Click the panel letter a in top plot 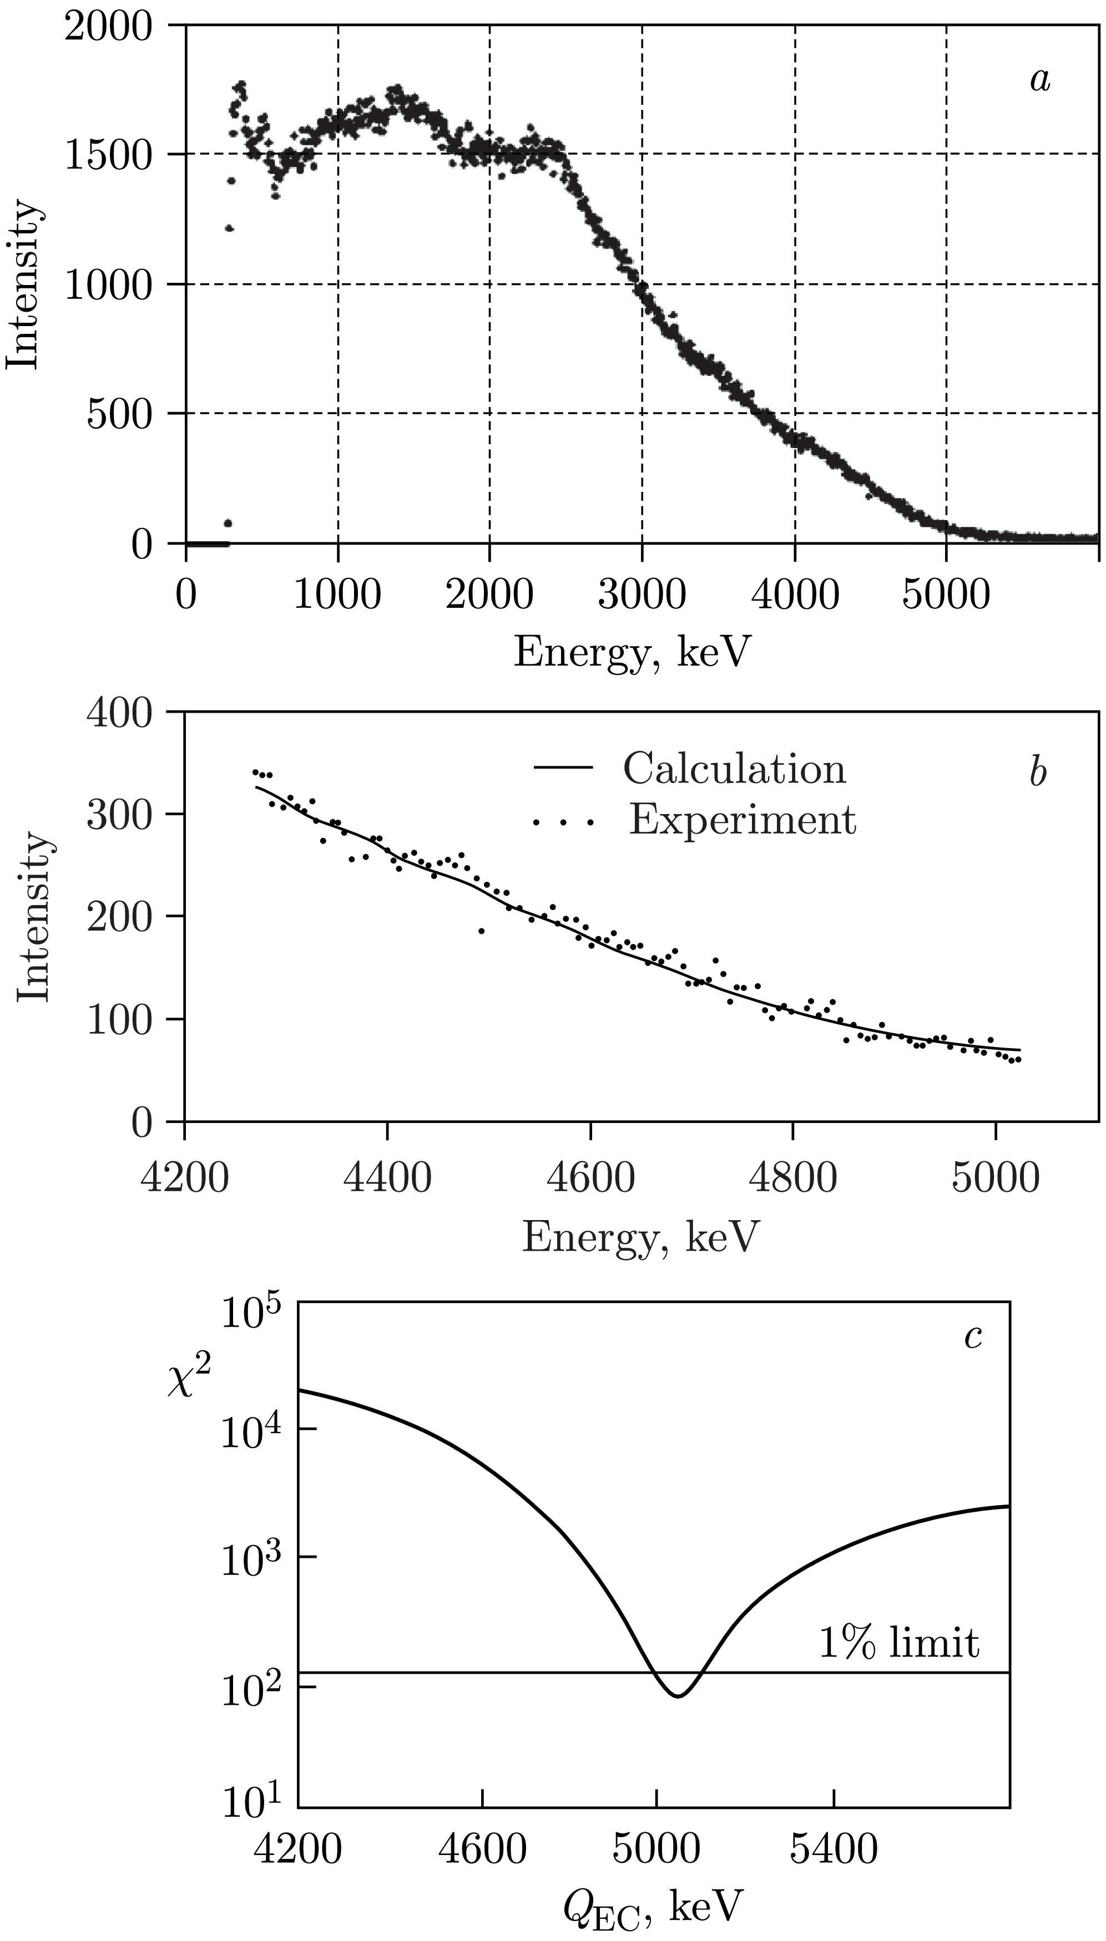click(1040, 80)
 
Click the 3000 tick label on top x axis click(642, 595)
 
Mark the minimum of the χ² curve click(678, 1695)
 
